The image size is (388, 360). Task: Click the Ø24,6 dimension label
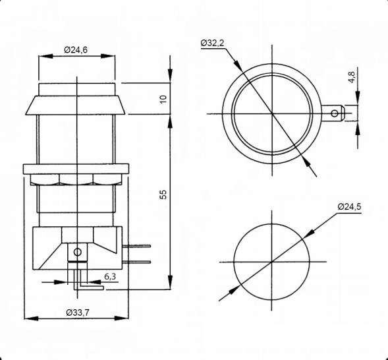click(x=76, y=49)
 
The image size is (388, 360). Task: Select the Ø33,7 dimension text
click(x=77, y=312)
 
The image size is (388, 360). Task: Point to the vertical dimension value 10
click(x=164, y=99)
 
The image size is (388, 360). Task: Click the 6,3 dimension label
click(x=111, y=277)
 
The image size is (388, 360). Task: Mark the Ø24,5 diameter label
click(x=349, y=207)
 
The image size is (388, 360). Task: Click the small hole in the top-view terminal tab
click(x=334, y=114)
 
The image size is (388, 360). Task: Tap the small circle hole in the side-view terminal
click(x=78, y=252)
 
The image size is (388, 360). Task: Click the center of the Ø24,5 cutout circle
click(x=271, y=260)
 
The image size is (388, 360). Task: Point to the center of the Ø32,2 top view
click(x=271, y=114)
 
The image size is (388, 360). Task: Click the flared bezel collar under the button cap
click(x=78, y=104)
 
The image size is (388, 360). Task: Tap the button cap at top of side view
click(x=78, y=89)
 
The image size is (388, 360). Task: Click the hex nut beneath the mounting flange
click(x=78, y=179)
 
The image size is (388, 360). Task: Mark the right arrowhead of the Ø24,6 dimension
click(x=114, y=57)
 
